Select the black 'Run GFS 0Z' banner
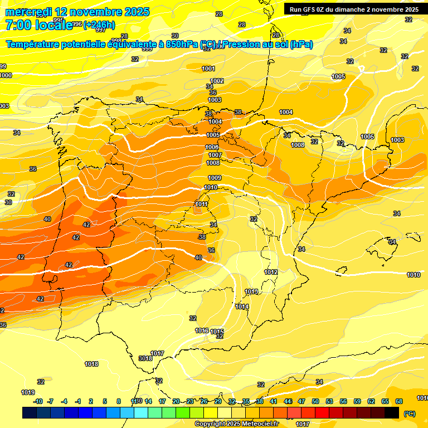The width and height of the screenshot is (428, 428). (x=354, y=9)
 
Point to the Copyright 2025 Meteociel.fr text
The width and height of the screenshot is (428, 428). (x=237, y=424)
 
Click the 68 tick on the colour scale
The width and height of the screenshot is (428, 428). (x=399, y=401)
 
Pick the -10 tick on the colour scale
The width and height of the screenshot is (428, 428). (x=38, y=401)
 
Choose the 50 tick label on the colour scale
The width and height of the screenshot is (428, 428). (x=315, y=401)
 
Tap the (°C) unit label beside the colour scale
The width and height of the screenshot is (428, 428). (x=409, y=414)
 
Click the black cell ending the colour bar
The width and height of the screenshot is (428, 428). (x=392, y=412)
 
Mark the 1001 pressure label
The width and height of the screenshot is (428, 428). (x=208, y=69)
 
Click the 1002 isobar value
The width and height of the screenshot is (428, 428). (x=217, y=81)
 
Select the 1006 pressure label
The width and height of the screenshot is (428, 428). (x=212, y=147)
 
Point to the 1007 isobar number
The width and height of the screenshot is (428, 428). (x=215, y=155)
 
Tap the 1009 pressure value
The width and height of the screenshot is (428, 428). (x=215, y=178)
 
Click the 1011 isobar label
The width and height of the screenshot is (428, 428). (x=202, y=204)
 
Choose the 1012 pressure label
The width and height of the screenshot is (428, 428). (x=271, y=272)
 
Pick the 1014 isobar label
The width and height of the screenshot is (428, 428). (x=242, y=307)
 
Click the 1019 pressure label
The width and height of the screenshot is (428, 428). (x=28, y=392)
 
